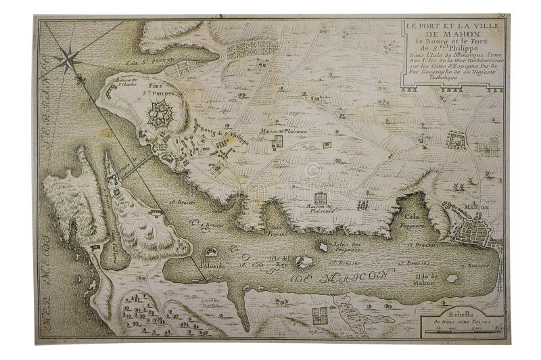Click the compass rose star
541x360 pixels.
(68, 60)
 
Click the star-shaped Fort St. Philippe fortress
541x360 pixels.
(161, 113)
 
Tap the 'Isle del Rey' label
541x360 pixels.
(280, 259)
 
